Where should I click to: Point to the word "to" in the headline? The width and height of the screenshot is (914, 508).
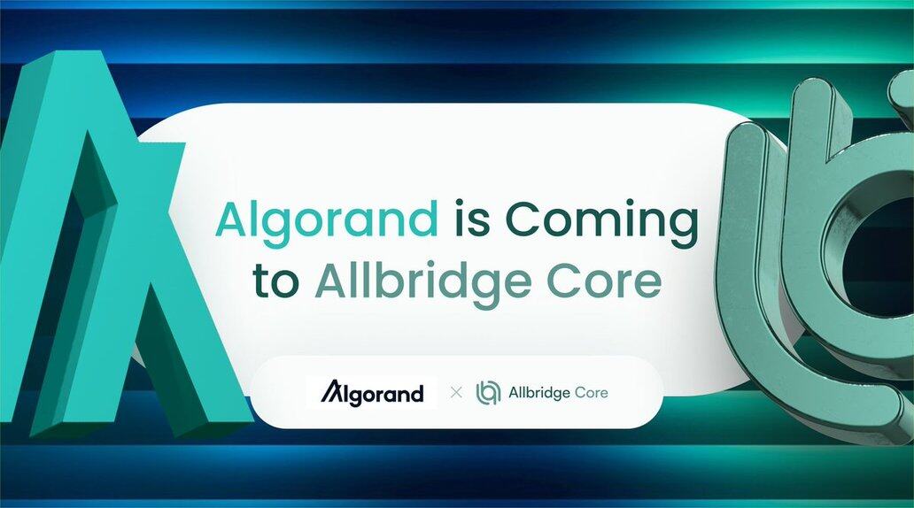276,281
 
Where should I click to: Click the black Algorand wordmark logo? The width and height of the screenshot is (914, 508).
372,392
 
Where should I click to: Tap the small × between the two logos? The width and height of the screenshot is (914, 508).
456,393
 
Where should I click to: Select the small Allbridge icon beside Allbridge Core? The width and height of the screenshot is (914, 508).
489,392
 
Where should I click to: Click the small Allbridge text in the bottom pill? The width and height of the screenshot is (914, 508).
538,393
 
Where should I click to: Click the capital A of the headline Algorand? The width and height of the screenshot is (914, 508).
235,219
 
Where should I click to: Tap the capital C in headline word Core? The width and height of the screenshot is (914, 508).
567,281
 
